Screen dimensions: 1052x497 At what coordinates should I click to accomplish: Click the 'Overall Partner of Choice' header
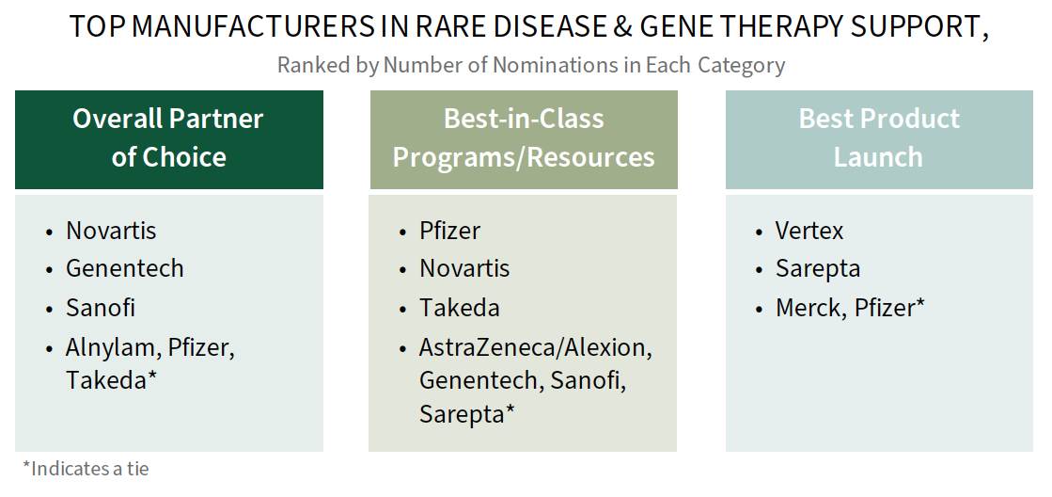pyautogui.click(x=168, y=137)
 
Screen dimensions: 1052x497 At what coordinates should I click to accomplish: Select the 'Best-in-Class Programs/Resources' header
pyautogui.click(x=524, y=137)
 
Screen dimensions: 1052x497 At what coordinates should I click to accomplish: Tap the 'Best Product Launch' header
pyautogui.click(x=879, y=137)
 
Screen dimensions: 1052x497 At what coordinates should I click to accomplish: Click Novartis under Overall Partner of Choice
pyautogui.click(x=111, y=231)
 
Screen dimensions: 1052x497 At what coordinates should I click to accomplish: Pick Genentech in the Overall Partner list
pyautogui.click(x=125, y=268)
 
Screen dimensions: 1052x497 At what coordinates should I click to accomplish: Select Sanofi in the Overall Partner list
pyautogui.click(x=101, y=308)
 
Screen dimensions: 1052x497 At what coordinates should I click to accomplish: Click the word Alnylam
pyautogui.click(x=111, y=348)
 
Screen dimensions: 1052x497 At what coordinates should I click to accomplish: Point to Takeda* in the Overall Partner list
pyautogui.click(x=111, y=380)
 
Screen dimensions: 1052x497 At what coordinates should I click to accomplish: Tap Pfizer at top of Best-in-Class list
pyautogui.click(x=449, y=231)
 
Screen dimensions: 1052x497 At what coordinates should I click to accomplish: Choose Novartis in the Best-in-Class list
pyautogui.click(x=464, y=268)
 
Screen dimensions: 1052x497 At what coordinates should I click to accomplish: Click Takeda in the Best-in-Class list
pyautogui.click(x=460, y=308)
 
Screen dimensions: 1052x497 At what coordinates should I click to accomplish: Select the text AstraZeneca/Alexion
pyautogui.click(x=535, y=348)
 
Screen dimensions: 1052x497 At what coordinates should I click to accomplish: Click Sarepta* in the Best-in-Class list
pyautogui.click(x=467, y=414)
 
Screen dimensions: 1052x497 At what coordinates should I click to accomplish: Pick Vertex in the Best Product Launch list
pyautogui.click(x=809, y=231)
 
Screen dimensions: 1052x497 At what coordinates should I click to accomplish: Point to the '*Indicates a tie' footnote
pyautogui.click(x=86, y=468)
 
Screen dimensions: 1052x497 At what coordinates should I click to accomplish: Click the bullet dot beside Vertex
pyautogui.click(x=759, y=232)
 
